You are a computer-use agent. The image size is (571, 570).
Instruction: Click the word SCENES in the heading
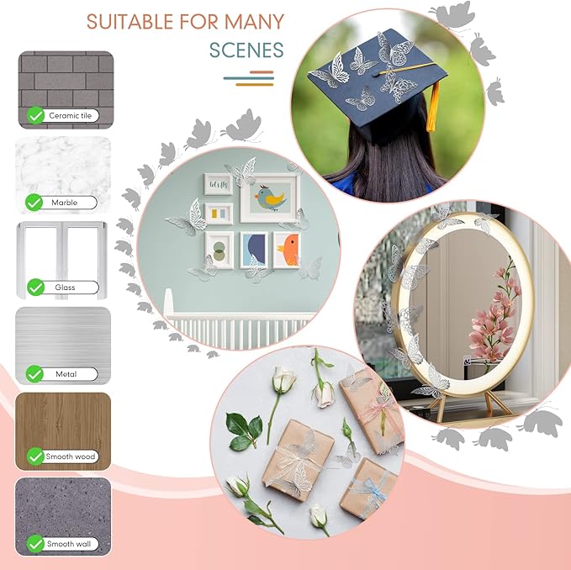pyautogui.click(x=246, y=50)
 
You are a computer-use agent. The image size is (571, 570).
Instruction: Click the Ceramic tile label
pyautogui.click(x=71, y=116)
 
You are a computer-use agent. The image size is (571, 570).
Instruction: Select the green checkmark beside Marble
pyautogui.click(x=34, y=203)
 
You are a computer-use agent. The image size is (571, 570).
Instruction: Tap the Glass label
pyautogui.click(x=65, y=288)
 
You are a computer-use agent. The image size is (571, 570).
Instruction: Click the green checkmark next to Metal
pyautogui.click(x=34, y=374)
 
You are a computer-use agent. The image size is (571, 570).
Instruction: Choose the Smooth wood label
pyautogui.click(x=71, y=457)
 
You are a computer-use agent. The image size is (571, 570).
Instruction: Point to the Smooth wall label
pyautogui.click(x=69, y=544)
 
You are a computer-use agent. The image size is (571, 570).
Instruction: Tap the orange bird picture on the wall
pyautogui.click(x=287, y=250)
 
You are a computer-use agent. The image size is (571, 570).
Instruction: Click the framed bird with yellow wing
pyautogui.click(x=270, y=198)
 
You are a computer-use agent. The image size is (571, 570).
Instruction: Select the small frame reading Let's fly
pyautogui.click(x=218, y=185)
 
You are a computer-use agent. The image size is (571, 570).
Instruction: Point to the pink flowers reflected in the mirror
pyautogui.click(x=494, y=320)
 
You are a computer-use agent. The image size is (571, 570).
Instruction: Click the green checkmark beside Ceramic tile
pyautogui.click(x=35, y=115)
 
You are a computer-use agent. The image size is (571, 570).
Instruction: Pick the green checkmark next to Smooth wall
pyautogui.click(x=35, y=544)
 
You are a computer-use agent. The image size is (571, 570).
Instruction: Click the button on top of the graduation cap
pyautogui.click(x=375, y=74)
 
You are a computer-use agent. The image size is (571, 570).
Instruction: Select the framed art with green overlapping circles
pyautogui.click(x=219, y=250)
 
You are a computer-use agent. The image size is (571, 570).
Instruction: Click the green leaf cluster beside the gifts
pyautogui.click(x=244, y=431)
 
